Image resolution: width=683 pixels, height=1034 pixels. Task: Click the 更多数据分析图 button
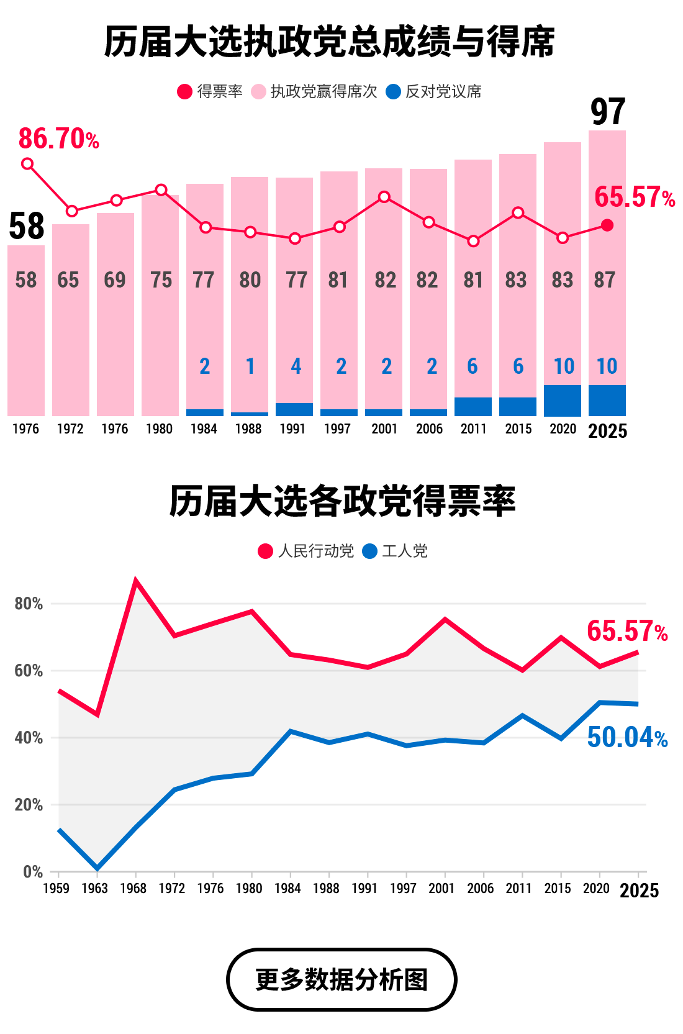(341, 979)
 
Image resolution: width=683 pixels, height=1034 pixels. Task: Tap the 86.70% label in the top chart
(58, 139)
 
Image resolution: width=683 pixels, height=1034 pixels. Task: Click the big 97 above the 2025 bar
(607, 112)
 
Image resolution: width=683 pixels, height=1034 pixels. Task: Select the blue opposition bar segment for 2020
(563, 401)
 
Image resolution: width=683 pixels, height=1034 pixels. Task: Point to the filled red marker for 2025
(607, 225)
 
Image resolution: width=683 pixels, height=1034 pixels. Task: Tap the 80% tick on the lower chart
(29, 604)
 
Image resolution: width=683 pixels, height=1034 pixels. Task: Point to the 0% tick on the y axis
(32, 872)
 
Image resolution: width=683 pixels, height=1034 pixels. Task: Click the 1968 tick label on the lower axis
(133, 889)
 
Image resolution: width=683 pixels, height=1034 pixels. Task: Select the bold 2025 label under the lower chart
(639, 891)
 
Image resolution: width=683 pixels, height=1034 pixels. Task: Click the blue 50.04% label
(626, 738)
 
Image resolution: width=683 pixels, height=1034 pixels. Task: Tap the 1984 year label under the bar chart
(204, 429)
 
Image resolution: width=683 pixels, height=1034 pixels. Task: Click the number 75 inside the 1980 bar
(161, 280)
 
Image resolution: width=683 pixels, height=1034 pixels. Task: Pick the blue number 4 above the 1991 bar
(296, 366)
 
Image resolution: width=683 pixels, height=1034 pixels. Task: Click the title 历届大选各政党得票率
(341, 502)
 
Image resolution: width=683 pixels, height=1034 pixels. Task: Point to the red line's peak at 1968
(136, 581)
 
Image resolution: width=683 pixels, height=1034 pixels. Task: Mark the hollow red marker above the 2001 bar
(384, 197)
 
